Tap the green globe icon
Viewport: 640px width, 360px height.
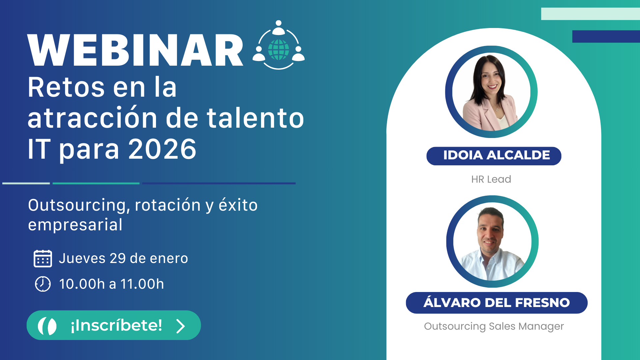pyautogui.click(x=279, y=50)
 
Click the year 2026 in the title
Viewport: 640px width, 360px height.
pyautogui.click(x=162, y=149)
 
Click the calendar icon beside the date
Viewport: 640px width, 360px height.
pyautogui.click(x=43, y=259)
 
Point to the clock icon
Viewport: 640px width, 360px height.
pyautogui.click(x=43, y=284)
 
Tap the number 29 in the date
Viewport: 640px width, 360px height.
pyautogui.click(x=118, y=258)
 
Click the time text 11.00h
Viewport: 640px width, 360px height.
pyautogui.click(x=142, y=284)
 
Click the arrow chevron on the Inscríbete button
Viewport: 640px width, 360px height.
pyautogui.click(x=180, y=326)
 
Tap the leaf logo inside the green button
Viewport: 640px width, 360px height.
pyautogui.click(x=47, y=326)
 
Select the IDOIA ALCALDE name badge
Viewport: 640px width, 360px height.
pyautogui.click(x=494, y=156)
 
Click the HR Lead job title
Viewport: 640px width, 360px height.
pyautogui.click(x=491, y=179)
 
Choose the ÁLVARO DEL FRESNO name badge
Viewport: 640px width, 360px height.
pyautogui.click(x=496, y=303)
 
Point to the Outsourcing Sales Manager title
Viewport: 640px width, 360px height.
pyautogui.click(x=494, y=326)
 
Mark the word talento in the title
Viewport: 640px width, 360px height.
pyautogui.click(x=255, y=118)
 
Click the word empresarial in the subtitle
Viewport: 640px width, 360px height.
pyautogui.click(x=75, y=225)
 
